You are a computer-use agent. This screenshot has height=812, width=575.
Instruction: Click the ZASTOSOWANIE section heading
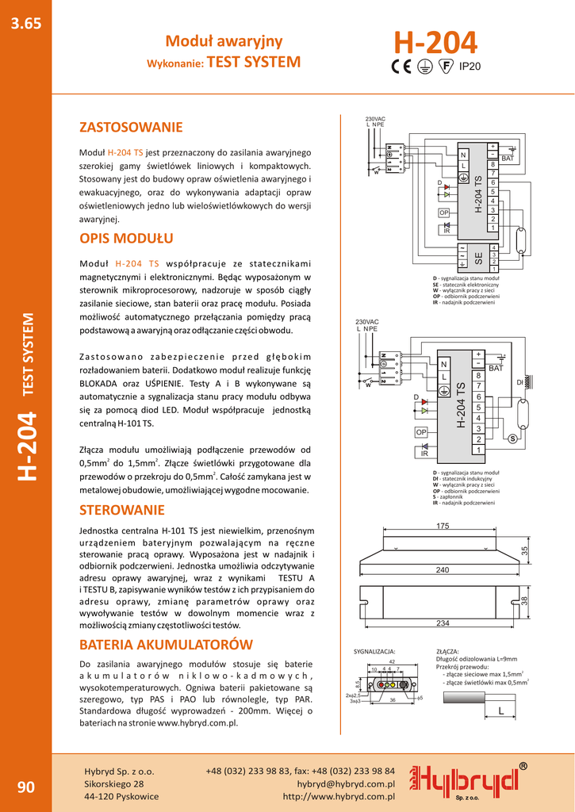(131, 128)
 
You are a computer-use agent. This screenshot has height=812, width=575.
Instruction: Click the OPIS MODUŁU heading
(126, 239)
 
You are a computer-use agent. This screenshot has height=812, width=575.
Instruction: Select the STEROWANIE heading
(122, 510)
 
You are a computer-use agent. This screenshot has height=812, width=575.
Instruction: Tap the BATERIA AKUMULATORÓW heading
(166, 645)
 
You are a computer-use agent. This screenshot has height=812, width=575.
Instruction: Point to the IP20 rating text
(471, 67)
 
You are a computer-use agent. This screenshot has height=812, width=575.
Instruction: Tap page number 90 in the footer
(25, 787)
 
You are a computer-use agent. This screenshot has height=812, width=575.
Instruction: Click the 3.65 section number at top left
(25, 24)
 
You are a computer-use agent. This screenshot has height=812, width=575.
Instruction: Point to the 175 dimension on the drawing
(443, 527)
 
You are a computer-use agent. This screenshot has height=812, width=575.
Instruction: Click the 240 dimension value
(443, 570)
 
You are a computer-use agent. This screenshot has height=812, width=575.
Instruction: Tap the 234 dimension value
(443, 623)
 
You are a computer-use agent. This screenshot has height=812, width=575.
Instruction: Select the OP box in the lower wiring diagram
(421, 432)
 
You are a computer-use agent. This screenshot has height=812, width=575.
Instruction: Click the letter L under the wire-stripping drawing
(501, 712)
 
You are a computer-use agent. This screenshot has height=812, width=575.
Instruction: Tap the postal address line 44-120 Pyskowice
(121, 796)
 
